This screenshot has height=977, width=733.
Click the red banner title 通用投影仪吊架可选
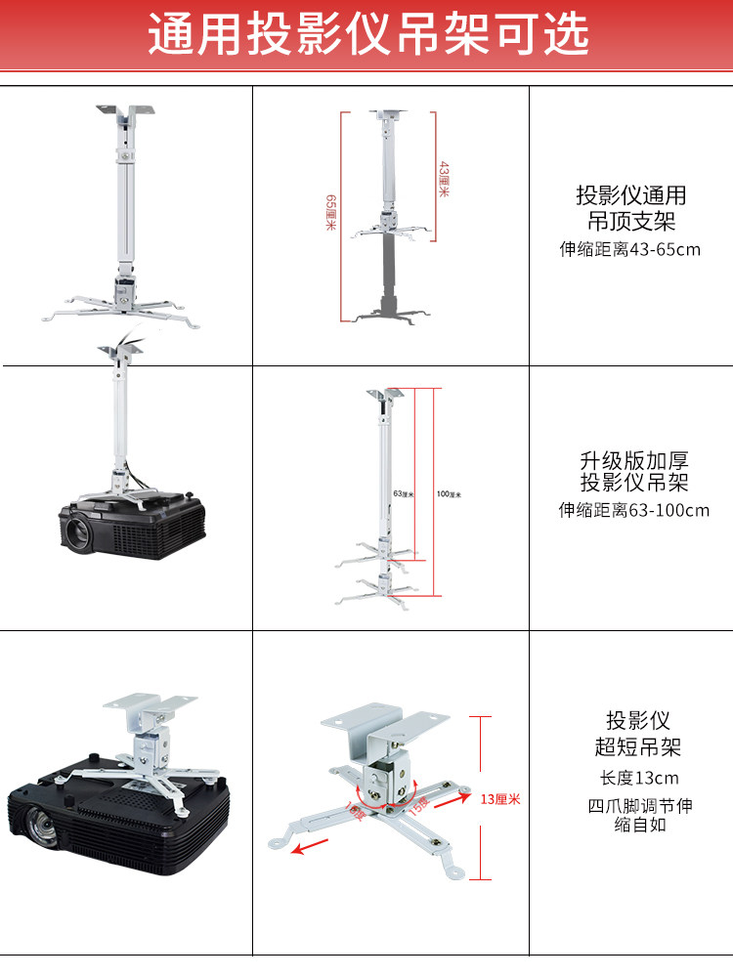(x=367, y=35)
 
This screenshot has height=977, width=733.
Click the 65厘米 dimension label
(x=331, y=213)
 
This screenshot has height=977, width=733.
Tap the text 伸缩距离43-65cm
(x=629, y=249)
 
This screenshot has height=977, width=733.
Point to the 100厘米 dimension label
(x=449, y=494)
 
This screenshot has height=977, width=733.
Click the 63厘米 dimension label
(x=403, y=494)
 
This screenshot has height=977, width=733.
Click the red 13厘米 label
(x=500, y=798)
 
